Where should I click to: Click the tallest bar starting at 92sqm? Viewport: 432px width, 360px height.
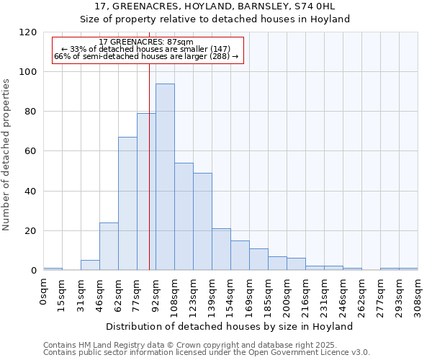(165, 177)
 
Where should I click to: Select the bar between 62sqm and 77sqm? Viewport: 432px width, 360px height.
(127, 204)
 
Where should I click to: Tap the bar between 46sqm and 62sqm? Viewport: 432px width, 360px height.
(109, 246)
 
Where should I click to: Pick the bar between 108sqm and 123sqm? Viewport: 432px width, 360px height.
(184, 217)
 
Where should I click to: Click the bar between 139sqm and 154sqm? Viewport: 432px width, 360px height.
(221, 250)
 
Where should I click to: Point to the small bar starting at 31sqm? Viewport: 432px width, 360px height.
(90, 265)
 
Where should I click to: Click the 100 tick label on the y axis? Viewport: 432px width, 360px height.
(28, 72)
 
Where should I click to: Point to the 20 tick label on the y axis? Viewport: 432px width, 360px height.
(31, 231)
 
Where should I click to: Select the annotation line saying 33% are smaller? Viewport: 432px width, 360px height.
(140, 49)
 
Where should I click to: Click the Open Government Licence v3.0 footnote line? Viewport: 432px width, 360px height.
(207, 353)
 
